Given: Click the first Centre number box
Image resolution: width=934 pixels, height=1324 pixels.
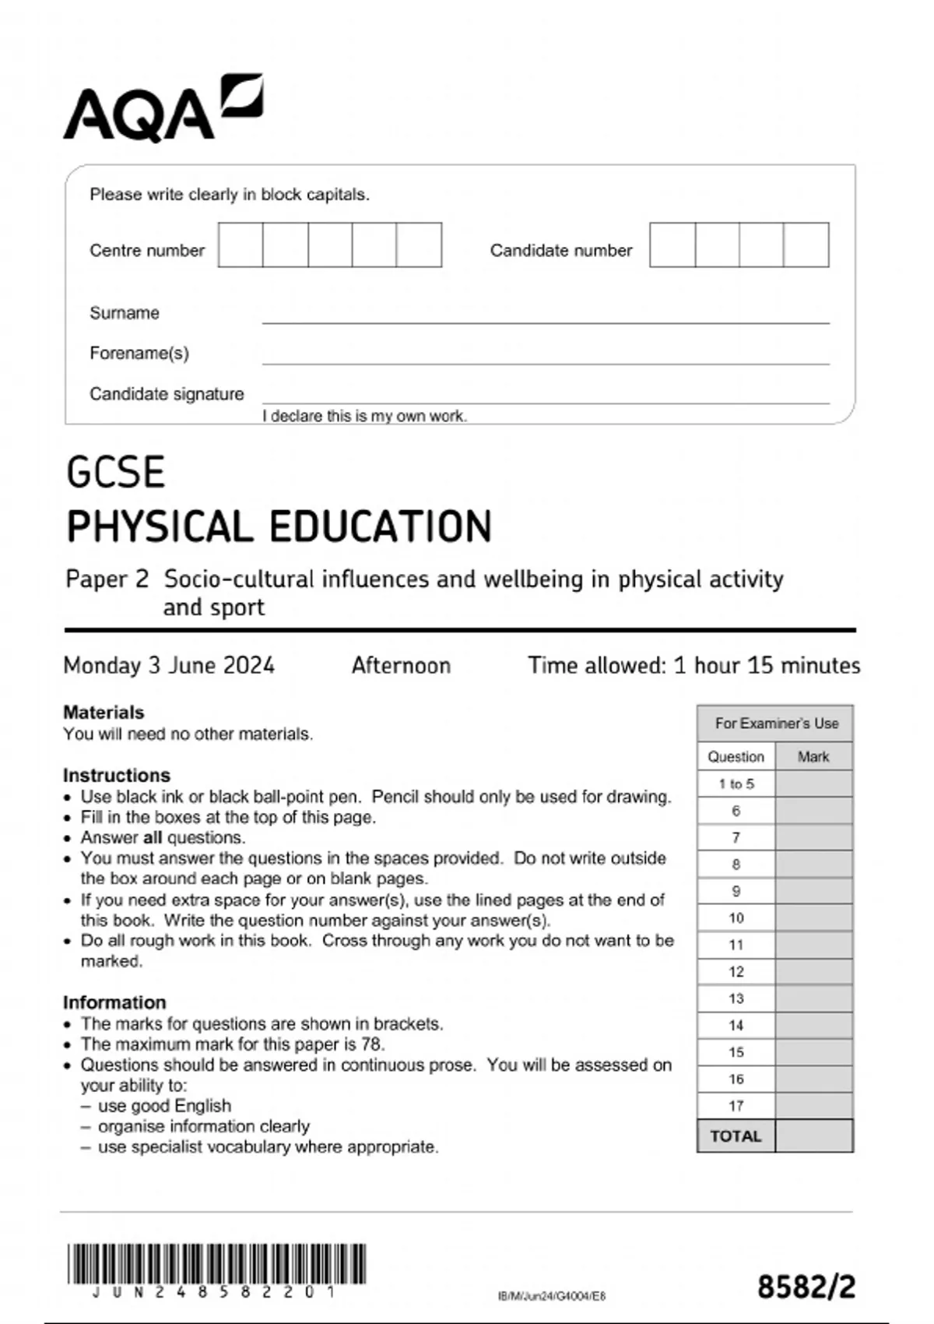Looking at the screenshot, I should (241, 245).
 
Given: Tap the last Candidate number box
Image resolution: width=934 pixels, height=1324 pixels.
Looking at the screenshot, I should (806, 245).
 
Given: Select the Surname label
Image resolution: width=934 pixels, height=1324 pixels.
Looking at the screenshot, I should (125, 313).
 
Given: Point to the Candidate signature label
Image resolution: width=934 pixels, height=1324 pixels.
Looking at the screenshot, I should (167, 394).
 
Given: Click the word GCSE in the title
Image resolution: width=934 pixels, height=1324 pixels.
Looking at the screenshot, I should (115, 473).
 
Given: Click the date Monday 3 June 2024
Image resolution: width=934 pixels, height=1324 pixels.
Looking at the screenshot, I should (169, 665).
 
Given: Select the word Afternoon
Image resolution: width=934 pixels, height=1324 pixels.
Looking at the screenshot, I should (401, 665).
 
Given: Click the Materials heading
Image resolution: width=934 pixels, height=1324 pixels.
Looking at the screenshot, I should (104, 712).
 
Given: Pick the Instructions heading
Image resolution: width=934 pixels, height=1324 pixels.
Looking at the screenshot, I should (117, 775).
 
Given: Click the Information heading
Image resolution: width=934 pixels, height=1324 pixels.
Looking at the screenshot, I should (114, 1002).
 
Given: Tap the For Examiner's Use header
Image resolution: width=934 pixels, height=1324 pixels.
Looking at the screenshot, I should (776, 724).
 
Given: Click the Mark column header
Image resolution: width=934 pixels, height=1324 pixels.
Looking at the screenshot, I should (813, 756).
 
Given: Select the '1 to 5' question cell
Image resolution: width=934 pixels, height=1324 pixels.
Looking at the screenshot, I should (736, 784).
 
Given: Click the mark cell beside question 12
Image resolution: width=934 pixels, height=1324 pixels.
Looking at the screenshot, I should (813, 972).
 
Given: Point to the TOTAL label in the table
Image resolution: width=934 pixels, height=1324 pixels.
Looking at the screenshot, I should (736, 1136).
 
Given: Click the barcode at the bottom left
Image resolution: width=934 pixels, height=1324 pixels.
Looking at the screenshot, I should (216, 1265).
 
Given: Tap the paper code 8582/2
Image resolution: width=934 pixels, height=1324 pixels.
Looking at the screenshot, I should (806, 1287).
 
